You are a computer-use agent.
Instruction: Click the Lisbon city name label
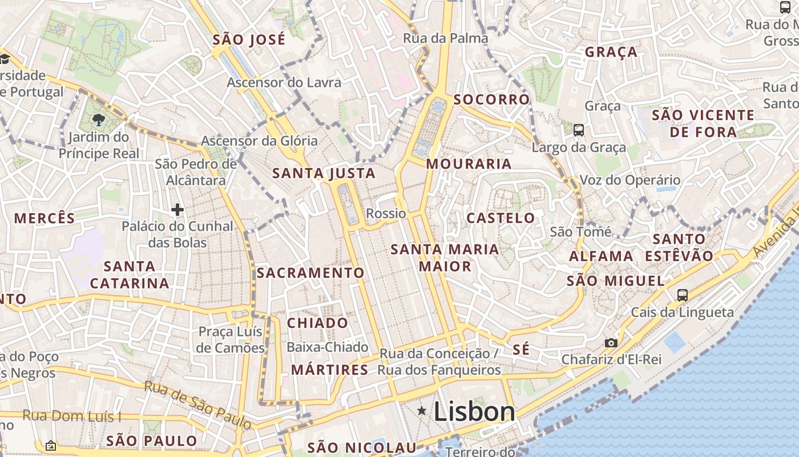[474, 411]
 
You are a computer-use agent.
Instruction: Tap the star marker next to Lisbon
[422, 410]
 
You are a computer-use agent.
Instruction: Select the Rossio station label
[386, 214]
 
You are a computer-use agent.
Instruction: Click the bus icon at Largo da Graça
[579, 130]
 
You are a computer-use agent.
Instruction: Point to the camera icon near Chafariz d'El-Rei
[611, 343]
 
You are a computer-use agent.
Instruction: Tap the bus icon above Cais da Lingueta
[683, 295]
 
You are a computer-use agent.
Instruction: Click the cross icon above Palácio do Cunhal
[177, 210]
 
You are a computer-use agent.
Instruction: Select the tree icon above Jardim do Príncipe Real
[99, 119]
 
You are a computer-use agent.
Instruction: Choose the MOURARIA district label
[469, 164]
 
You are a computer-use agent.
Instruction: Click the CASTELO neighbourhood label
[501, 218]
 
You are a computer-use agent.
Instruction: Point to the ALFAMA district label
[601, 256]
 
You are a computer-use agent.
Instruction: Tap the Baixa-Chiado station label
[327, 347]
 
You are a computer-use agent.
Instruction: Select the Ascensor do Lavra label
[284, 82]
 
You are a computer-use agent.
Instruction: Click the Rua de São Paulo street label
[197, 404]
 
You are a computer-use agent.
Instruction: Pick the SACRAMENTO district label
[310, 273]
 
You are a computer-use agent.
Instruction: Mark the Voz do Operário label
[629, 180]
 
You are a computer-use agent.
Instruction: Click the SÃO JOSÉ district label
[249, 40]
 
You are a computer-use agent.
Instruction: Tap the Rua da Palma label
[445, 38]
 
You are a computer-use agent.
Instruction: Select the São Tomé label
[580, 232]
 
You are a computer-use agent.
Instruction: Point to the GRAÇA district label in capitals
[611, 52]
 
